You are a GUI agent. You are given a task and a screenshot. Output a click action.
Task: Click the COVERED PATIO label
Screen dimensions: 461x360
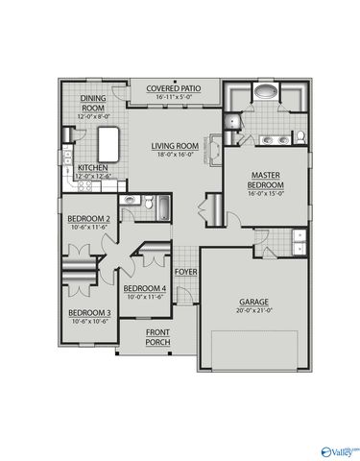tap(173, 88)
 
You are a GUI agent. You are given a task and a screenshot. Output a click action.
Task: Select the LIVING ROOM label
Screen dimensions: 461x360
tap(174, 146)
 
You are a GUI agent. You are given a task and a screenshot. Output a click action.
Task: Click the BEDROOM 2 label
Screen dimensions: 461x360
tap(89, 219)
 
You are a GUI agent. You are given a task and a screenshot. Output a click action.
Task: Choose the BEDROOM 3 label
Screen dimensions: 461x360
tap(89, 312)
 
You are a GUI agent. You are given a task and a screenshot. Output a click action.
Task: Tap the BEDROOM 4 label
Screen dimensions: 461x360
tap(146, 289)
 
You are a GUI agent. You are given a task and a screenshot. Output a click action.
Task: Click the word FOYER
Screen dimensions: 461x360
tap(185, 272)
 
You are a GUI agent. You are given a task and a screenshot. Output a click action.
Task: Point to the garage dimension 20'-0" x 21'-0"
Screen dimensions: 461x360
tap(254, 312)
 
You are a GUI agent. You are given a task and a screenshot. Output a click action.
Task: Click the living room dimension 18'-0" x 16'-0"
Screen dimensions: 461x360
tap(174, 155)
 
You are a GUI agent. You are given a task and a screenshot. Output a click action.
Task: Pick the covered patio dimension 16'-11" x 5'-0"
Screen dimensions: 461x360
tap(173, 97)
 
